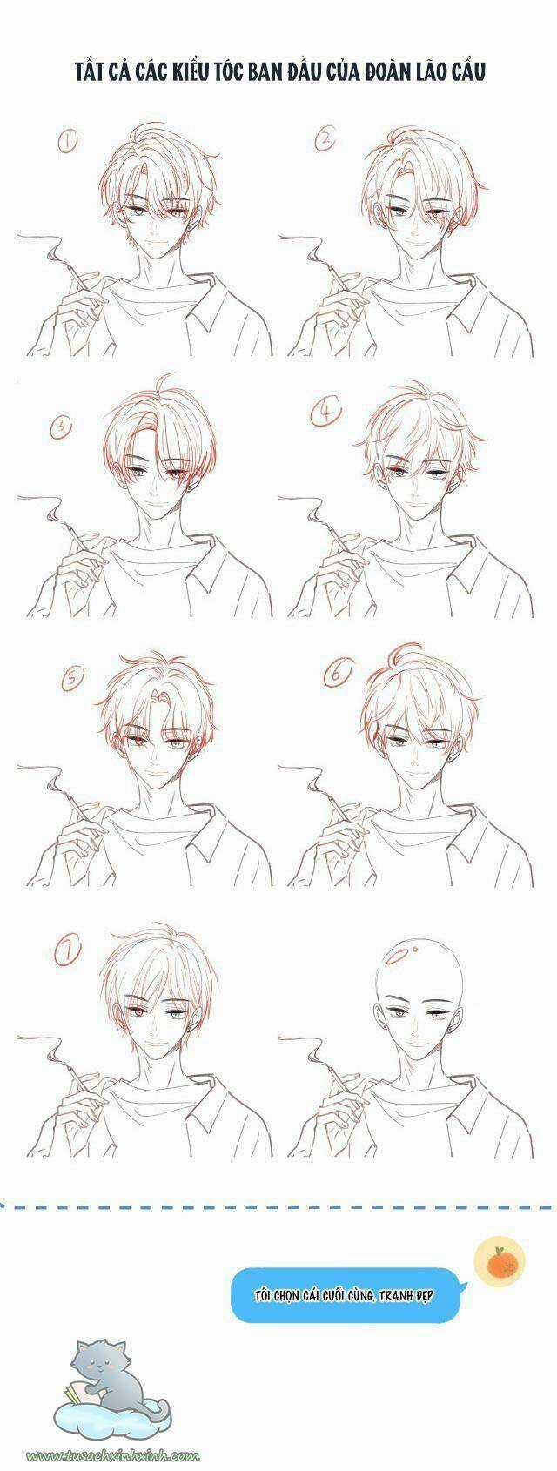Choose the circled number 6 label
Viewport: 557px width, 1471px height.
point(337,673)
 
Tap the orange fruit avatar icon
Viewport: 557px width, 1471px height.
point(498,1261)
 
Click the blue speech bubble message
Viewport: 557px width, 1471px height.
point(345,1294)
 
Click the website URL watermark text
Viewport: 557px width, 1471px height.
point(114,1454)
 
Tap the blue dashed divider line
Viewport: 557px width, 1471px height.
point(278,1207)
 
